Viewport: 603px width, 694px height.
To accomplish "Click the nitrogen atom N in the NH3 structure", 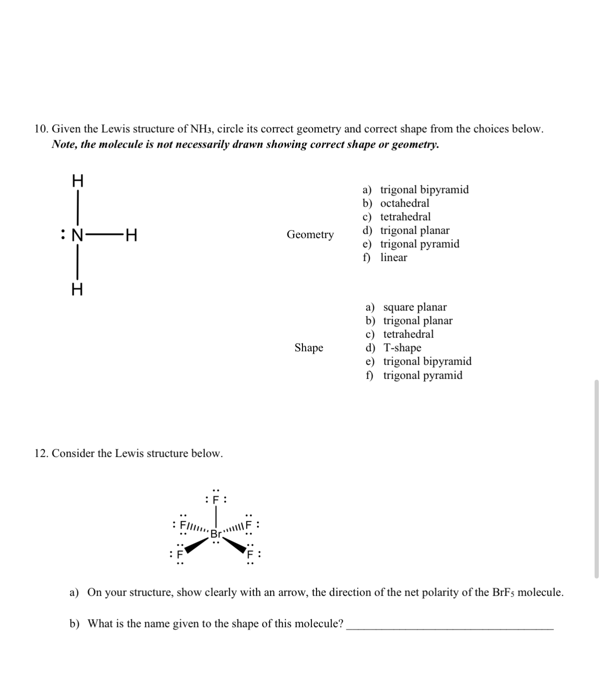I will tap(77, 235).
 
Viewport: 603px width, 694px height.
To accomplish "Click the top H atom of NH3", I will tap(78, 180).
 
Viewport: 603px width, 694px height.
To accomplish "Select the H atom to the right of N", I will tap(131, 235).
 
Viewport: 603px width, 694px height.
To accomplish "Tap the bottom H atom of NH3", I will tap(77, 290).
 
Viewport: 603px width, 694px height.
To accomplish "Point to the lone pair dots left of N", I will tap(62, 235).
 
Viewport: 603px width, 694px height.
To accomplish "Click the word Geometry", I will tap(310, 234).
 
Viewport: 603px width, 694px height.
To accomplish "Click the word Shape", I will tap(309, 347).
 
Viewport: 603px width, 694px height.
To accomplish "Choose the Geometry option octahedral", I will tap(404, 203).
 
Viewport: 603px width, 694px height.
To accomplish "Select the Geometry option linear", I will tap(393, 257).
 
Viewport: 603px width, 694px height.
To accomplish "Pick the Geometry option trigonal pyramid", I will tap(419, 244).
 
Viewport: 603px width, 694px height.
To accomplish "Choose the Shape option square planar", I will tap(415, 307).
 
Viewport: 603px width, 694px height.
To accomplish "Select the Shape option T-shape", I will tap(402, 347).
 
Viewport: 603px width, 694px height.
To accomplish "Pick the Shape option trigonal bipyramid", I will tap(427, 361).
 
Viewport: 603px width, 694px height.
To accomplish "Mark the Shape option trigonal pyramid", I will tap(423, 375).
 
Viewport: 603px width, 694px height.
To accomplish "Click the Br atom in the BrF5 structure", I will tap(215, 534).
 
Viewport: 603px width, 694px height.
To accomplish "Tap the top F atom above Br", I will tap(215, 499).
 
